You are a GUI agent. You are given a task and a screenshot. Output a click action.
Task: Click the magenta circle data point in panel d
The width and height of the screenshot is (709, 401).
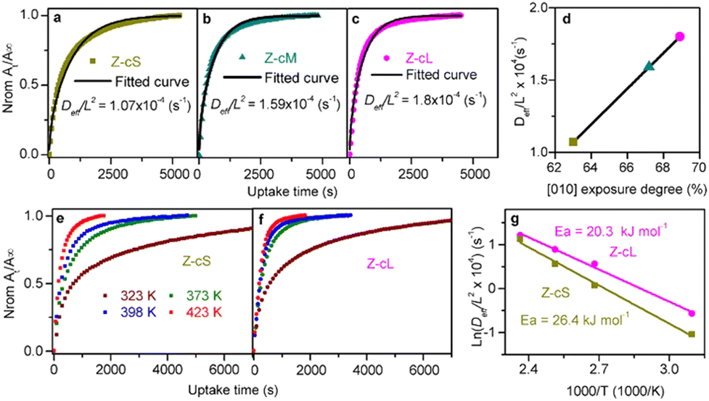[680, 36]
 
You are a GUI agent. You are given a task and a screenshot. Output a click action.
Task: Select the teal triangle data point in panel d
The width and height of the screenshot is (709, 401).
[649, 66]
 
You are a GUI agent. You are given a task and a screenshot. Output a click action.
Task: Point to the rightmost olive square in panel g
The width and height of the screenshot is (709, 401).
[692, 334]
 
